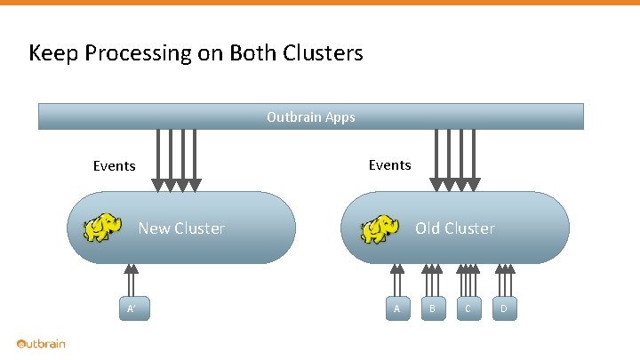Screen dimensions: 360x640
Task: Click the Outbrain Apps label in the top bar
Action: point(310,116)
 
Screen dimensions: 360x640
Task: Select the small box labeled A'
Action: point(132,308)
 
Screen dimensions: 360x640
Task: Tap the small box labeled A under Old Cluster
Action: point(397,308)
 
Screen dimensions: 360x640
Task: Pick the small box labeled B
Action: point(432,308)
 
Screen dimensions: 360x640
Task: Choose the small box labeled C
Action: point(468,308)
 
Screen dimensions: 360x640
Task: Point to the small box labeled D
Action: point(503,308)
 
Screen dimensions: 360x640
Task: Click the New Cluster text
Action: point(181,228)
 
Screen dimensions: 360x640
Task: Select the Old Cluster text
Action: point(454,228)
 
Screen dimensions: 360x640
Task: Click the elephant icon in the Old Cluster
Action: point(380,228)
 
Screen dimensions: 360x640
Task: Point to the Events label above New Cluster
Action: point(115,166)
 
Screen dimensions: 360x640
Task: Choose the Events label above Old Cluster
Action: point(389,165)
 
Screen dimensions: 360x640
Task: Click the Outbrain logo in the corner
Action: point(41,344)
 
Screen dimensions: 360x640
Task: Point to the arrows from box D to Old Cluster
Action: point(504,280)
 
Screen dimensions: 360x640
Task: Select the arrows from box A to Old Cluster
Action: point(397,280)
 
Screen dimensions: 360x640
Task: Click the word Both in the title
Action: point(252,53)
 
